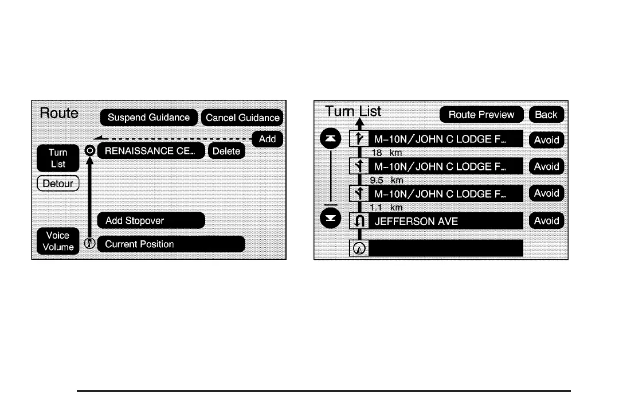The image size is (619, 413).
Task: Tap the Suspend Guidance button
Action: [148, 118]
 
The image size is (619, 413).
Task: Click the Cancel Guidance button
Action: [242, 118]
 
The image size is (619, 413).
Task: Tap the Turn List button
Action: [57, 158]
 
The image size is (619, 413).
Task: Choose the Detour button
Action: [57, 184]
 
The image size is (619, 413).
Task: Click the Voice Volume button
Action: [57, 241]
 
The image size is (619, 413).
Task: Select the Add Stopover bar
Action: [151, 220]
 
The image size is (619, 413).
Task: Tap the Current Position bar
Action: [171, 244]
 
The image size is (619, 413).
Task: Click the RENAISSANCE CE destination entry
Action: [150, 151]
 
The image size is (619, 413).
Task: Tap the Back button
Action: [546, 114]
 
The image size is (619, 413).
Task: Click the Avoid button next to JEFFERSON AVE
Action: [546, 221]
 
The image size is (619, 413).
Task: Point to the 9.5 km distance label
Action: [387, 180]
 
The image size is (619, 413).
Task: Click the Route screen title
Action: [59, 113]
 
